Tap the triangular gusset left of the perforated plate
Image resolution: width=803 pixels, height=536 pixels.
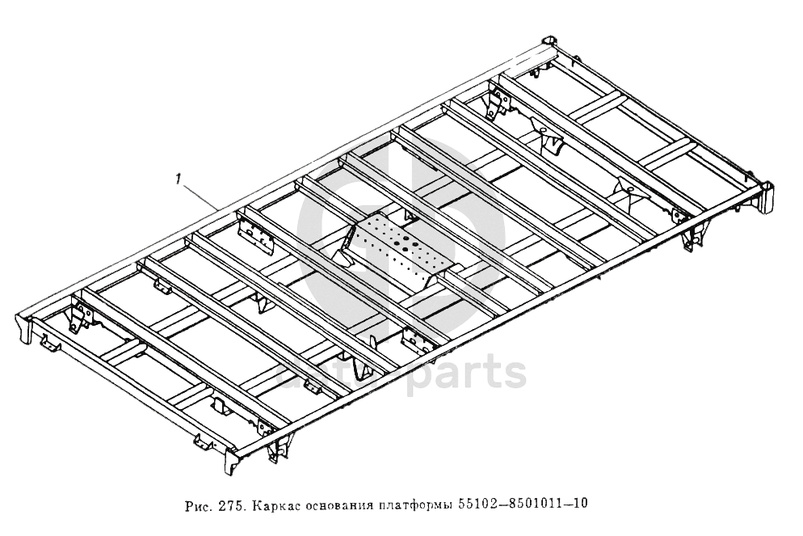pyautogui.click(x=347, y=242)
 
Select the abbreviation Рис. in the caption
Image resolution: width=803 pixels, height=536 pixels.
pyautogui.click(x=199, y=504)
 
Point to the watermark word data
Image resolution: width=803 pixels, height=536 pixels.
pyautogui.click(x=323, y=374)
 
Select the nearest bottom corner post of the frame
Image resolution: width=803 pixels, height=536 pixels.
pyautogui.click(x=231, y=462)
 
